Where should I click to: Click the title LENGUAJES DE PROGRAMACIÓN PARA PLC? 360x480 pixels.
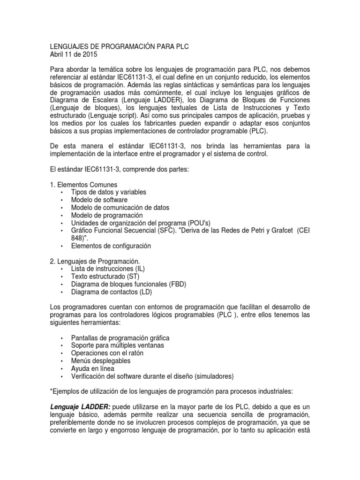[x=119, y=46]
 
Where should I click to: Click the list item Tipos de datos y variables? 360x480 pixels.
[x=108, y=192]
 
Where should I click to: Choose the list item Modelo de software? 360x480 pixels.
[x=99, y=200]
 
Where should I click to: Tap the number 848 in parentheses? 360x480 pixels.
[x=78, y=238]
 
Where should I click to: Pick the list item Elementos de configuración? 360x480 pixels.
[x=111, y=246]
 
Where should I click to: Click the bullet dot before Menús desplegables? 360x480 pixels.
[x=62, y=361]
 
